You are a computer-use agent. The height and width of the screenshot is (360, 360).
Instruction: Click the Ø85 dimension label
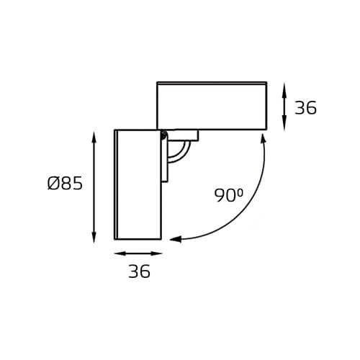pyautogui.click(x=65, y=184)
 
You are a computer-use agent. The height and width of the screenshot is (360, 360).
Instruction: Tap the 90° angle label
pyautogui.click(x=229, y=195)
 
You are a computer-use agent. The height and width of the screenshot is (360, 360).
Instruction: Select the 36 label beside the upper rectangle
pyautogui.click(x=305, y=108)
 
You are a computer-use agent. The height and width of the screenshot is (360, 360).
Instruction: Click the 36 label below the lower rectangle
pyautogui.click(x=139, y=271)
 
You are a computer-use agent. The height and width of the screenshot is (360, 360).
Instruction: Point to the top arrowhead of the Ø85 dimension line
pyautogui.click(x=94, y=138)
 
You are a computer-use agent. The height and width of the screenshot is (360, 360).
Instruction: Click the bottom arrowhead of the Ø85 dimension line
pyautogui.click(x=94, y=237)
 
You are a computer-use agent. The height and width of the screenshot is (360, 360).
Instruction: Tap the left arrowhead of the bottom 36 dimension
pyautogui.click(x=120, y=253)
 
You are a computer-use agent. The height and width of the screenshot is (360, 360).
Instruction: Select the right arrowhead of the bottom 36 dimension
pyautogui.click(x=156, y=253)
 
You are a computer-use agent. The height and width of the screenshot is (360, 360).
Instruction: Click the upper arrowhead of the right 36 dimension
pyautogui.click(x=284, y=89)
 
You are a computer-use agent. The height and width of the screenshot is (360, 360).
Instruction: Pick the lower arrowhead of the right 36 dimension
pyautogui.click(x=284, y=125)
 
